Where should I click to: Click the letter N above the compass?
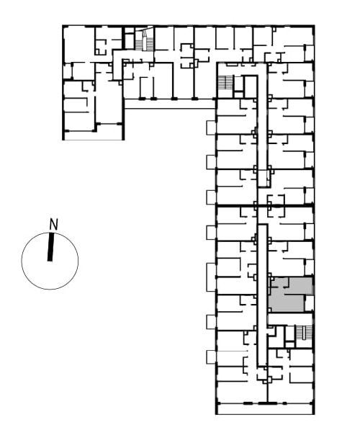click(x=53, y=224)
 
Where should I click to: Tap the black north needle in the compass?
click(x=50, y=247)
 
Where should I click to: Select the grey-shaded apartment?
click(x=288, y=295)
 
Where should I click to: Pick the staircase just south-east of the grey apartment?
click(x=304, y=333)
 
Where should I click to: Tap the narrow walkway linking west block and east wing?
click(x=170, y=104)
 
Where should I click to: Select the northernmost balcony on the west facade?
click(x=211, y=127)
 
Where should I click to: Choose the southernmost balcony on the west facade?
click(x=211, y=357)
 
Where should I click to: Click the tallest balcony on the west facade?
click(x=211, y=277)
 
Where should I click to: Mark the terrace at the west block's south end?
click(x=93, y=135)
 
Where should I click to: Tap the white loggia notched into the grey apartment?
click(x=309, y=303)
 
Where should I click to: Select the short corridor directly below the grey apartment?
click(x=290, y=319)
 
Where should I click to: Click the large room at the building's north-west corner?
click(x=79, y=44)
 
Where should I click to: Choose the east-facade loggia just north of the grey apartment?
click(x=309, y=266)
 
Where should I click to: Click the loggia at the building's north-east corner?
click(x=309, y=53)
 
